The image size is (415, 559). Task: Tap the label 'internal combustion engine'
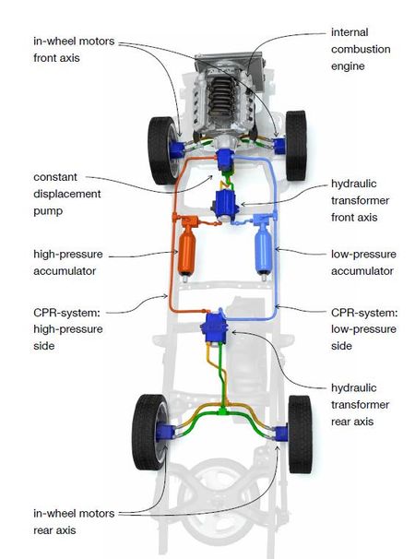click(361, 48)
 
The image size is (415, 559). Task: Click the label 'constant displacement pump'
click(68, 193)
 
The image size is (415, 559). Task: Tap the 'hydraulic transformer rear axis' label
click(360, 405)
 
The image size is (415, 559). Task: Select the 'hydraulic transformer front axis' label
click(361, 200)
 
